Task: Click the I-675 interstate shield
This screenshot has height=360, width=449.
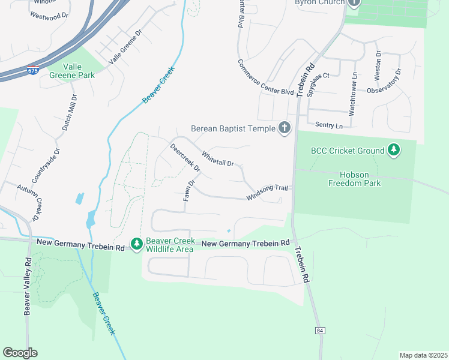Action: pos(32,70)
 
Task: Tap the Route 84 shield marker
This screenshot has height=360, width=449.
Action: pos(319,331)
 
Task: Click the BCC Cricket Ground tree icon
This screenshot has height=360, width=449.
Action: pos(394,149)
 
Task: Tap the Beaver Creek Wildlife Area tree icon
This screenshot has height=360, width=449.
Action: pos(137,243)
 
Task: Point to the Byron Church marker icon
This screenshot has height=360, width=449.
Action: pos(354,3)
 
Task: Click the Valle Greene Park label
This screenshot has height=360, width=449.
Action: pos(79,71)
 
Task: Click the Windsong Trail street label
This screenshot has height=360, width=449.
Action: pos(267,193)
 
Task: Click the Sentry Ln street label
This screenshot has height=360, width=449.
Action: pos(328,125)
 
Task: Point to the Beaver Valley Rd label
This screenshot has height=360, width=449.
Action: pos(27,286)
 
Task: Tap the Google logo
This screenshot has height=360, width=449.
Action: pos(20,353)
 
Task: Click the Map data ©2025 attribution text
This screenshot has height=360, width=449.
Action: pos(423,355)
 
